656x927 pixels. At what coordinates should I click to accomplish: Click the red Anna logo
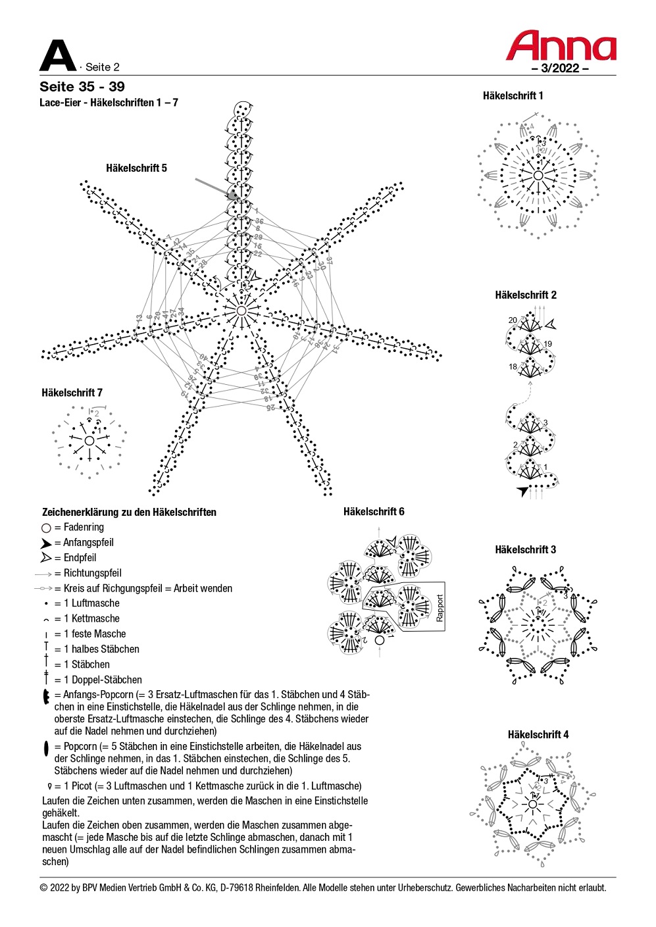pos(561,46)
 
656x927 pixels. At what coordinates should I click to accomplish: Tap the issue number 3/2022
pos(560,68)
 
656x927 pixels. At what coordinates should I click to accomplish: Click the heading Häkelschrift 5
pos(136,168)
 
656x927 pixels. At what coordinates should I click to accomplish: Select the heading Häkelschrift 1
pos(513,96)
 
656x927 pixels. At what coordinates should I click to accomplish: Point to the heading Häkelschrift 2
pos(525,295)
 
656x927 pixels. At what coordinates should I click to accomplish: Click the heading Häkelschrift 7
pos(72,393)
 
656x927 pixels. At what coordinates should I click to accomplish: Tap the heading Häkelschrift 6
pos(374,512)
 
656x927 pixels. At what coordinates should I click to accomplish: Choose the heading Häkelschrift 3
pos(525,550)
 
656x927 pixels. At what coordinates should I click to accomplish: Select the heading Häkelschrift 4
pos(538,735)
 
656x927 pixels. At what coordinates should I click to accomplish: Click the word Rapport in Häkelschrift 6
pos(440,608)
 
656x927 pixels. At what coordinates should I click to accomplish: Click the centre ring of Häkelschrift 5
pos(241,311)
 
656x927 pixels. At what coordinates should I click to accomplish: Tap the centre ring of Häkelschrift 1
pos(538,176)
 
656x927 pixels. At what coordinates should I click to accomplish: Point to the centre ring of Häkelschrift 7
pos(89,440)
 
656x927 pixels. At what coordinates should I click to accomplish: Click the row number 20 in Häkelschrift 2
pos(513,320)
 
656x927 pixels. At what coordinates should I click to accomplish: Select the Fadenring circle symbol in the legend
pos(46,528)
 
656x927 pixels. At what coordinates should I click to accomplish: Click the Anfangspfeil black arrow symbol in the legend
pos(45,543)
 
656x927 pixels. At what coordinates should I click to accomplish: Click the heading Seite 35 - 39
pos(82,87)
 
